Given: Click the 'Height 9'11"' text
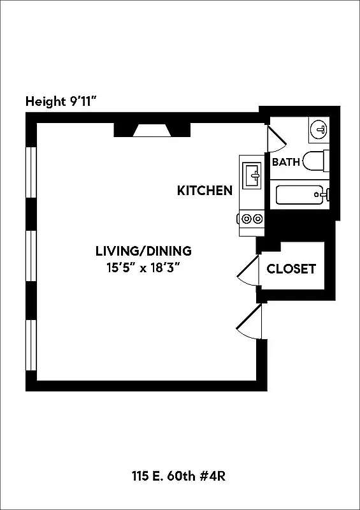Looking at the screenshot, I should [61, 101].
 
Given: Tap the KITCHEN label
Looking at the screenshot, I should [204, 191].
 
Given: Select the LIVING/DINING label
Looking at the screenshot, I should [143, 251].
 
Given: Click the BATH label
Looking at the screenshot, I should [285, 162].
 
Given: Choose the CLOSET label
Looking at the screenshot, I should [291, 269].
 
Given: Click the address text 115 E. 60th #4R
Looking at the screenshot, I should [180, 476].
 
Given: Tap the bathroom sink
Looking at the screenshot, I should [319, 131].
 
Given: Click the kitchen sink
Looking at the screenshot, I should [251, 173].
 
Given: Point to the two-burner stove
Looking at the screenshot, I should [250, 219].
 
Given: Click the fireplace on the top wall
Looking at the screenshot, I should [152, 131].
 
